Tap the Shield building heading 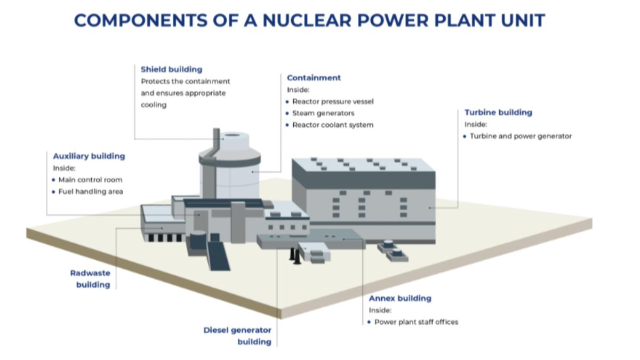coord(171,69)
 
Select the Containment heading coord(314,78)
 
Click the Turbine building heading coord(498,113)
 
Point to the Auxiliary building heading coord(89,156)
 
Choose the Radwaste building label coord(91,279)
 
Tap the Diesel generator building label coord(238,336)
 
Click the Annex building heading coord(400,299)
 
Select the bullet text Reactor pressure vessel coord(333,101)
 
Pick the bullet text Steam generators coord(323,113)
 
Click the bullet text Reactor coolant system coord(333,125)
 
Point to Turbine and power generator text coord(521,136)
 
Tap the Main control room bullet coord(90,180)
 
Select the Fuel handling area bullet coord(91,191)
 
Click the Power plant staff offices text coord(416,322)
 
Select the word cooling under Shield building coord(154,105)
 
